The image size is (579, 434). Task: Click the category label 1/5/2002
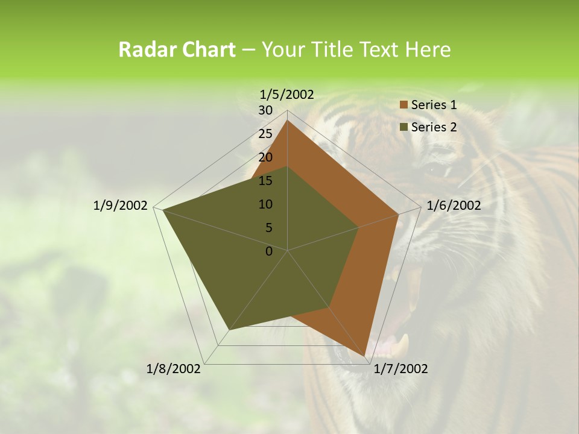(x=287, y=95)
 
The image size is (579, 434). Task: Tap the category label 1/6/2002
(x=454, y=206)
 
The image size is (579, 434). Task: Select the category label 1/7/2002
(x=400, y=369)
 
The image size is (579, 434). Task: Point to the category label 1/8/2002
(x=174, y=369)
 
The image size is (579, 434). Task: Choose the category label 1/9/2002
(x=121, y=206)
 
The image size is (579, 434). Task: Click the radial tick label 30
(x=265, y=110)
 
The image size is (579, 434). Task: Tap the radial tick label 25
(x=265, y=134)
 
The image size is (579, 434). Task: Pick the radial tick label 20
(x=265, y=157)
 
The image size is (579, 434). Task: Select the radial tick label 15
(x=265, y=181)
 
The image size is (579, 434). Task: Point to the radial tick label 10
(x=265, y=204)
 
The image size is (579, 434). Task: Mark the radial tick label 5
(x=268, y=228)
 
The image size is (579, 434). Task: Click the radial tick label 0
(x=269, y=251)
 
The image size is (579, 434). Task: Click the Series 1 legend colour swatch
(x=404, y=105)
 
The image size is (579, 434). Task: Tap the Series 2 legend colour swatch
(x=404, y=127)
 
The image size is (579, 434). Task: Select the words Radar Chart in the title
(x=177, y=50)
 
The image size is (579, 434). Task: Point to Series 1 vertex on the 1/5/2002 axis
(x=288, y=121)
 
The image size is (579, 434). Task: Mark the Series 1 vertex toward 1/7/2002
(x=365, y=357)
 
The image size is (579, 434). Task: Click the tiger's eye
(x=439, y=171)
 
